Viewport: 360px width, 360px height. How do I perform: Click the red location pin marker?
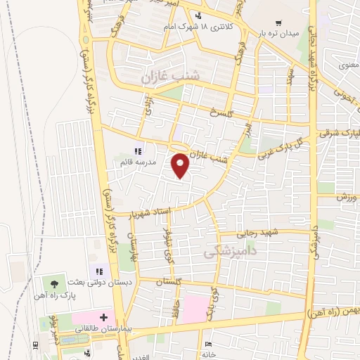click(181, 165)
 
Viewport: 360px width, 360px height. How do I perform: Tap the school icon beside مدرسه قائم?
click(139, 151)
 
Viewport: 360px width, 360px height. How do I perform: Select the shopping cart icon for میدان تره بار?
click(279, 22)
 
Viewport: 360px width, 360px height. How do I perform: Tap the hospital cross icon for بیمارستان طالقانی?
click(103, 318)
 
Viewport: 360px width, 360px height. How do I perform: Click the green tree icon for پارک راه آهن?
click(54, 283)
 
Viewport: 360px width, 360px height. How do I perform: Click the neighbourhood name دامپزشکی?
click(229, 250)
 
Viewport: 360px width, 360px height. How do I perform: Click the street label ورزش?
click(343, 198)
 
